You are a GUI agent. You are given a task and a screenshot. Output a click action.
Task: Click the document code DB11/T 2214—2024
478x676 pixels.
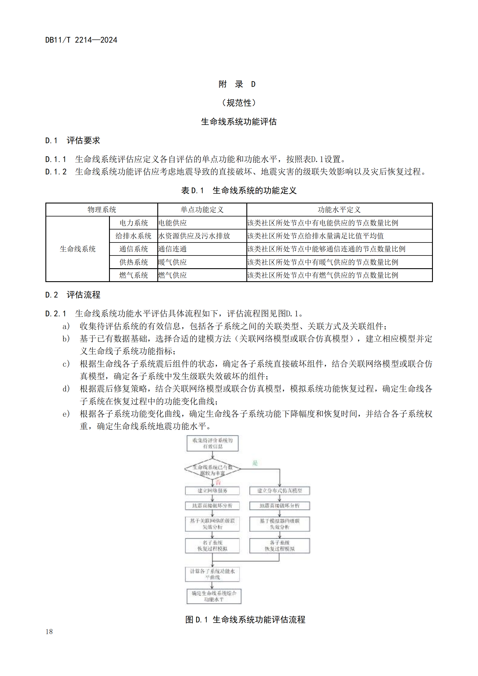point(81,40)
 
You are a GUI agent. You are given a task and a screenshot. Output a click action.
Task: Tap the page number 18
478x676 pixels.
point(49,631)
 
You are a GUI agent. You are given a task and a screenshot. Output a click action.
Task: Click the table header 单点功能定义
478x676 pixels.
point(202,210)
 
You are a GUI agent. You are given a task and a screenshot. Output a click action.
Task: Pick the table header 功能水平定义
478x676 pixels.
point(339,210)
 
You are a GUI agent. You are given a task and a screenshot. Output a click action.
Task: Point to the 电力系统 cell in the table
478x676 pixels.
point(133,223)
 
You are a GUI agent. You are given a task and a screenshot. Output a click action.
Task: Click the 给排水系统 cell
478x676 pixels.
point(133,236)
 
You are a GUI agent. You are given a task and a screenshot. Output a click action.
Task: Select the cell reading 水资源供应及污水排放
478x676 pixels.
point(194,236)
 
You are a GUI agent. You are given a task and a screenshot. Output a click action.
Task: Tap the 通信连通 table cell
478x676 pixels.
point(173,249)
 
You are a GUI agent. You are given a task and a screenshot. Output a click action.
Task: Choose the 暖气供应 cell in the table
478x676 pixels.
point(173,262)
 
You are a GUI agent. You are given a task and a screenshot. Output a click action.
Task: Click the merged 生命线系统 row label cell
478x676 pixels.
point(77,249)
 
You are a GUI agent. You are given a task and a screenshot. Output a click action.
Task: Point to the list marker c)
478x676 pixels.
point(66,364)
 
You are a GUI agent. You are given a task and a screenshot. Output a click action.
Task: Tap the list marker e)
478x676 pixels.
point(66,414)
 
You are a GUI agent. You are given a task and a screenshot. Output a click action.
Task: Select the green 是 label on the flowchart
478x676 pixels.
point(255,463)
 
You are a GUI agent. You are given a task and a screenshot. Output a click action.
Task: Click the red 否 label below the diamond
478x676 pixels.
point(218,482)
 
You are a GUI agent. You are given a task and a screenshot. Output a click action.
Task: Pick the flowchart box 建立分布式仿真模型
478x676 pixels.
point(280,490)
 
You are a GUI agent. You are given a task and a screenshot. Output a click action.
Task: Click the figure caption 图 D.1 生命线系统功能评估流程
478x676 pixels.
point(245,619)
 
